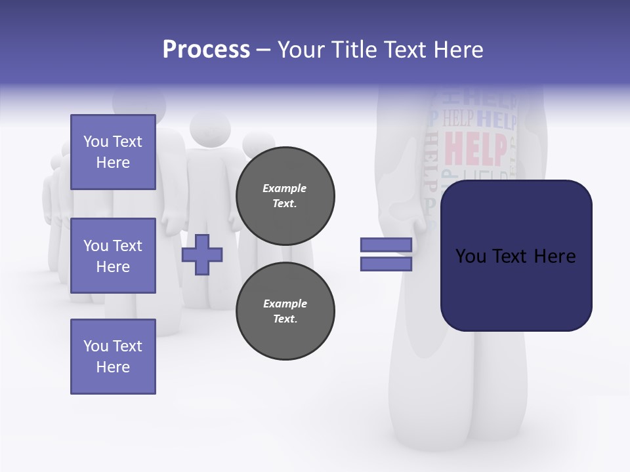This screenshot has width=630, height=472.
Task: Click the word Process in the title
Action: tap(206, 50)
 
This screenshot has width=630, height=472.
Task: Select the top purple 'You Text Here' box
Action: tap(113, 152)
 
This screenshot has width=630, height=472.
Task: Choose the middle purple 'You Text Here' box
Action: tap(113, 256)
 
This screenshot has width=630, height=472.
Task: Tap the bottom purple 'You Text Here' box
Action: tap(113, 357)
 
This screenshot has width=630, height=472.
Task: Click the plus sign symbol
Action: tap(202, 254)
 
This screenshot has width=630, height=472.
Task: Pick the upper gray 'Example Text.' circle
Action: tap(285, 196)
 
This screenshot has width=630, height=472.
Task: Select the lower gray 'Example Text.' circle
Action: tap(285, 311)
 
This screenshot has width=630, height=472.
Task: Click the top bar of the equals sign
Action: tap(386, 245)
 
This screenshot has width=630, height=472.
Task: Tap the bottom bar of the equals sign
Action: tap(386, 264)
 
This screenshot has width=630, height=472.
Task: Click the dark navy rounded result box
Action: tap(516, 256)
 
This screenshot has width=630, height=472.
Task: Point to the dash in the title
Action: tap(263, 50)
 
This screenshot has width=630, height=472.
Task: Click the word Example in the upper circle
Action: tap(285, 188)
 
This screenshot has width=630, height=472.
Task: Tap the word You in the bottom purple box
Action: tap(96, 346)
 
